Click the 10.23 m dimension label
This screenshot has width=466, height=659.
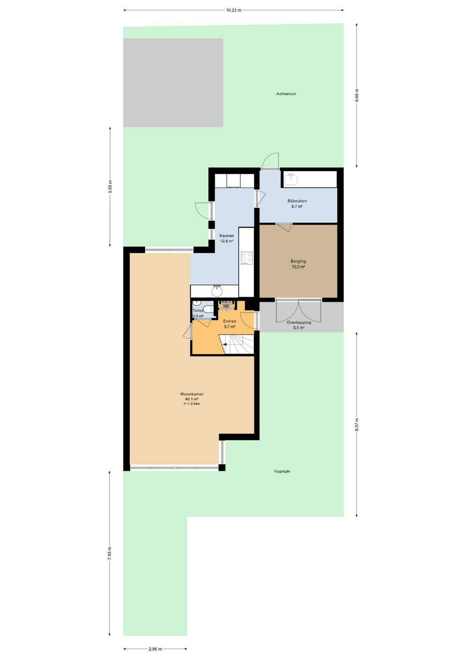(233, 10)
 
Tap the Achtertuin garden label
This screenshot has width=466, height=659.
(286, 94)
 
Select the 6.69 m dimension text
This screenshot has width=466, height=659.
(356, 95)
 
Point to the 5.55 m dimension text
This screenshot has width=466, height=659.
(110, 186)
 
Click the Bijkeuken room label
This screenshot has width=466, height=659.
(297, 201)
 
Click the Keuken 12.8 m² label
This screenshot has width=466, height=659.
(227, 238)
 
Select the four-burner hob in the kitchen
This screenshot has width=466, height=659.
(246, 258)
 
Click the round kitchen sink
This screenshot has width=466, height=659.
(217, 291)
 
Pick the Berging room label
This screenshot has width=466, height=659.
(298, 261)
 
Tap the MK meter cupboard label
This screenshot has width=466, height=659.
(226, 306)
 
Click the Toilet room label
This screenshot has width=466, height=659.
(198, 311)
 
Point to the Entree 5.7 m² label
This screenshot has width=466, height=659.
(230, 324)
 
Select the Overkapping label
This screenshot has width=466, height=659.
(299, 322)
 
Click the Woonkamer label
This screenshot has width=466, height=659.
(192, 394)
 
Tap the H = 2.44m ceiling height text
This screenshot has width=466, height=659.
(192, 404)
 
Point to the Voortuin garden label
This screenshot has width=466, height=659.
(282, 471)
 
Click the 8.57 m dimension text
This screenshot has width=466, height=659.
(356, 425)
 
